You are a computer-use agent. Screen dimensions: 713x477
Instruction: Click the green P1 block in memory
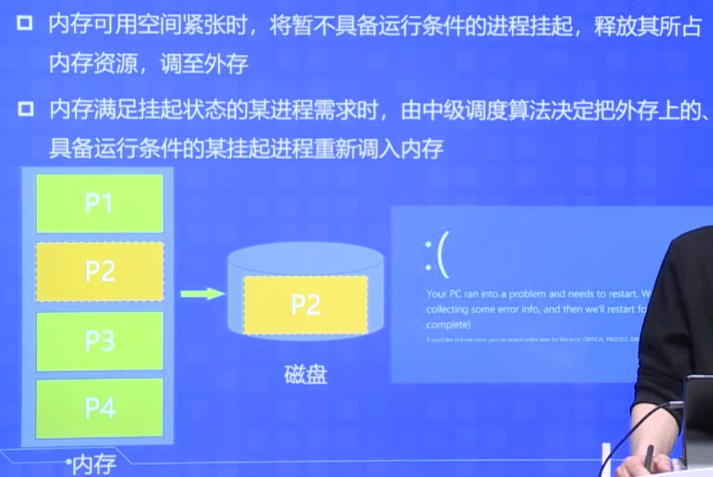(x=99, y=203)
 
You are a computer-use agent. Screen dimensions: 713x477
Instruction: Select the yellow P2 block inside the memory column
(x=99, y=272)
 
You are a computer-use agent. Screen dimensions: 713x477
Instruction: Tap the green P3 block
(x=99, y=341)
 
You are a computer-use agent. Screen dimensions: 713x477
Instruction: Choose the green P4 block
(x=99, y=408)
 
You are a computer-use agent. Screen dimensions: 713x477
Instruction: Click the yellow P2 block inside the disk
(x=305, y=305)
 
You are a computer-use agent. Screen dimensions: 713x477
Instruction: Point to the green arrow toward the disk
(x=202, y=294)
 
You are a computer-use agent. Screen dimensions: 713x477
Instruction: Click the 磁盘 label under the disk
(x=305, y=375)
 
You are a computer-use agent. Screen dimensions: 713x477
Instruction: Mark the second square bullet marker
(x=26, y=108)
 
